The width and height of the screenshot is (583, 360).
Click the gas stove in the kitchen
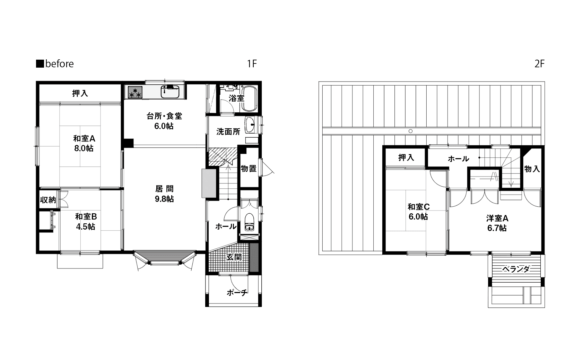[135, 92]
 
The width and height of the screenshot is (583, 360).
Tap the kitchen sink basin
[170, 92]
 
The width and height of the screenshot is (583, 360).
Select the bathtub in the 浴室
[249, 99]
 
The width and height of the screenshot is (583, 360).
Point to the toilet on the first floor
[249, 222]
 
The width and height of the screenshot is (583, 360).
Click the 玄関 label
[234, 257]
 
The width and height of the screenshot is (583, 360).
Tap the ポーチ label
[237, 293]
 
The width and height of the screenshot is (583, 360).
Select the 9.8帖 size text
[164, 199]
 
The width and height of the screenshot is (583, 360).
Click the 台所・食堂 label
[164, 116]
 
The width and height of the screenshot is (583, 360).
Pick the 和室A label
[84, 139]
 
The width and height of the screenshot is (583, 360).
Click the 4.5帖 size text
[85, 226]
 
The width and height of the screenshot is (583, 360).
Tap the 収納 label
[48, 200]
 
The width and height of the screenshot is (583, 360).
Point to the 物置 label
[249, 169]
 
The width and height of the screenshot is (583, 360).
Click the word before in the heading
[60, 64]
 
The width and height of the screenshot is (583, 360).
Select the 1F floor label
[252, 64]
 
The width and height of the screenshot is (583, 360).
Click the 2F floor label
[540, 64]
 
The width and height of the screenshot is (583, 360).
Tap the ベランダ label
[516, 269]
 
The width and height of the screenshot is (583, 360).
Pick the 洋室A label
[497, 218]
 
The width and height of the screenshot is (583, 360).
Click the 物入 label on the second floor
[532, 169]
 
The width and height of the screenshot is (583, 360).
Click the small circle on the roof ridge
[410, 131]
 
